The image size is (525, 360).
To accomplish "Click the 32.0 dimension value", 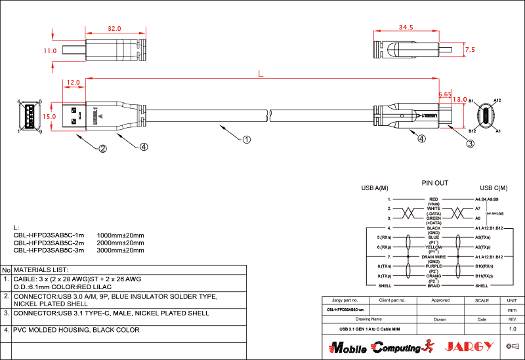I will (x=114, y=29).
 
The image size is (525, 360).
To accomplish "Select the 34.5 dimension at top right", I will (x=406, y=28).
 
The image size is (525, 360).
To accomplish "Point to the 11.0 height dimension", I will (x=49, y=50).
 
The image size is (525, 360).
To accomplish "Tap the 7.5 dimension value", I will (x=469, y=50).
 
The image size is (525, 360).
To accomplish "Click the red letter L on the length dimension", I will (x=261, y=73).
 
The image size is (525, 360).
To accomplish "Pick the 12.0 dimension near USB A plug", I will (x=73, y=83).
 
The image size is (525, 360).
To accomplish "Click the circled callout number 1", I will (x=247, y=140).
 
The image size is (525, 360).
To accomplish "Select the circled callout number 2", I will (x=102, y=148).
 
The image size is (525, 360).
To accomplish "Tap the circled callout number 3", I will (x=471, y=144).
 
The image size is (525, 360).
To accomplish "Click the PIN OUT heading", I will (x=434, y=183).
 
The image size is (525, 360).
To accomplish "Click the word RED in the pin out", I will (x=433, y=199).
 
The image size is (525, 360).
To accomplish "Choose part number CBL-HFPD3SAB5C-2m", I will (x=49, y=242).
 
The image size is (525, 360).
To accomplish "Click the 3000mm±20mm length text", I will (x=120, y=250).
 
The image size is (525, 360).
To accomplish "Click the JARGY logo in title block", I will (x=466, y=346).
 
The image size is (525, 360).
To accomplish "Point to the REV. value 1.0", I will (x=513, y=329).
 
